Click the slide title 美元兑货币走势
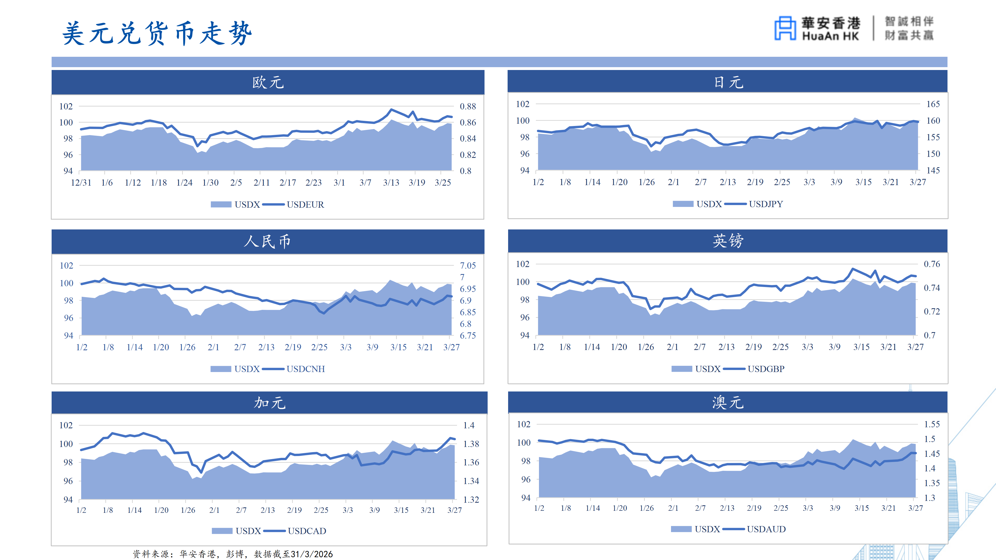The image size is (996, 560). (157, 33)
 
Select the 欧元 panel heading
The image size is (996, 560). (268, 82)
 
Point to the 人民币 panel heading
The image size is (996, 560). (268, 242)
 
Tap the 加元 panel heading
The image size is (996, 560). (269, 403)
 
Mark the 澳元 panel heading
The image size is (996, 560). (728, 402)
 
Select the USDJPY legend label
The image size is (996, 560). (766, 204)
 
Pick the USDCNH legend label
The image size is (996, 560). (306, 369)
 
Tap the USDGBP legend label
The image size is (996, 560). (766, 369)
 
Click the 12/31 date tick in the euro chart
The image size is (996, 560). (81, 183)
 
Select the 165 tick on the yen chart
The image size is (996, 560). (933, 104)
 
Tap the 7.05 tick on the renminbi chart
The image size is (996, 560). (468, 265)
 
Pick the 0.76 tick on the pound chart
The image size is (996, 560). (932, 264)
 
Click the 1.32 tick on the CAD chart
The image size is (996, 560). (471, 499)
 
